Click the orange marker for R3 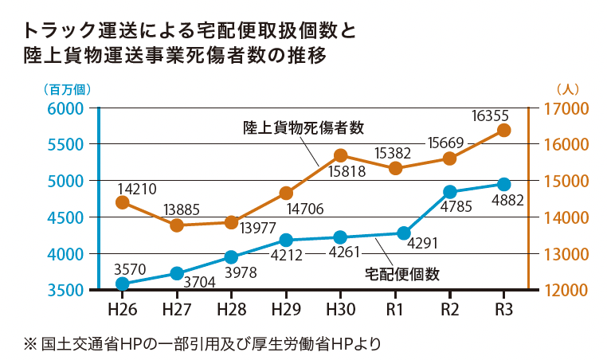[x=503, y=131]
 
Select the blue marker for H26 [x=123, y=284]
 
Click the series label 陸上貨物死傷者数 [x=303, y=127]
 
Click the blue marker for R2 [x=450, y=192]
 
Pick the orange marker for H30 [x=340, y=155]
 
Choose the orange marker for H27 [x=177, y=225]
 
